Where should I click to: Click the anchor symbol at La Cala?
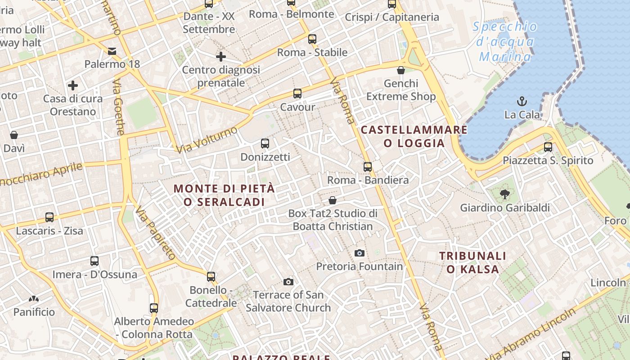pyautogui.click(x=522, y=101)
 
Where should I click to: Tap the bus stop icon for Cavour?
pyautogui.click(x=297, y=94)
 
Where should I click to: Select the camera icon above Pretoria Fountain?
pyautogui.click(x=359, y=253)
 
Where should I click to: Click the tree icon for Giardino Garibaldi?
pyautogui.click(x=504, y=194)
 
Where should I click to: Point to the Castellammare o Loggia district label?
pyautogui.click(x=414, y=137)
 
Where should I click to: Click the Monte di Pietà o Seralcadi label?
pyautogui.click(x=224, y=195)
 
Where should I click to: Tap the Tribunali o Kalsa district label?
pyautogui.click(x=472, y=263)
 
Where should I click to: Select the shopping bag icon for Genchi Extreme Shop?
pyautogui.click(x=401, y=70)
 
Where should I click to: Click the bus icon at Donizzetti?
pyautogui.click(x=265, y=144)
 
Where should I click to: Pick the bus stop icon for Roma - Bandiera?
pyautogui.click(x=368, y=166)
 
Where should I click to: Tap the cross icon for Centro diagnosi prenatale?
pyautogui.click(x=220, y=57)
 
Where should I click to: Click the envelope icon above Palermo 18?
pyautogui.click(x=112, y=51)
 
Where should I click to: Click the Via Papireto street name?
pyautogui.click(x=156, y=233)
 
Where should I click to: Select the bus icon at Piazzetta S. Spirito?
pyautogui.click(x=548, y=147)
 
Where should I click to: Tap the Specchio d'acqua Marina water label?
pyautogui.click(x=505, y=42)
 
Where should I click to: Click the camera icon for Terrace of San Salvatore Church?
pyautogui.click(x=288, y=282)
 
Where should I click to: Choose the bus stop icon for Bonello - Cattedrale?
pyautogui.click(x=211, y=276)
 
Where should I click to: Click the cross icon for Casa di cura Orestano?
pyautogui.click(x=73, y=85)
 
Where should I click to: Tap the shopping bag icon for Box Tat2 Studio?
pyautogui.click(x=333, y=200)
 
